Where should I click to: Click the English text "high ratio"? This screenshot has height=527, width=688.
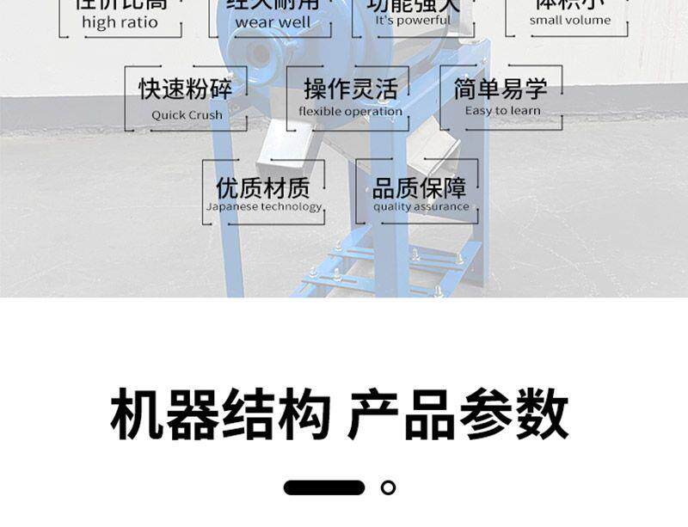point(120,23)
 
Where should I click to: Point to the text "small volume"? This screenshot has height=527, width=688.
point(569,21)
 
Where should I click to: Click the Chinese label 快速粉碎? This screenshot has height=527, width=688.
point(186,89)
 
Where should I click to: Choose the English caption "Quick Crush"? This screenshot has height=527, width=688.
point(187,114)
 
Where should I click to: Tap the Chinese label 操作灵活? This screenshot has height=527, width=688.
point(350,89)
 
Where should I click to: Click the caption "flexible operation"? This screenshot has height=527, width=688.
point(350,112)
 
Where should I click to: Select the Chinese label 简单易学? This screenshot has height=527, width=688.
point(501,88)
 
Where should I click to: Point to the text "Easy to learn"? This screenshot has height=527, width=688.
point(502,110)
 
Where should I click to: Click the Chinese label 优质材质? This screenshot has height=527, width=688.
point(263,187)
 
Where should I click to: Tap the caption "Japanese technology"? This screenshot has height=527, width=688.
point(264,206)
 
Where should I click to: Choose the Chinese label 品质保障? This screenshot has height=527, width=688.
point(420,187)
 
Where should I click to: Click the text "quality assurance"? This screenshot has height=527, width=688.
point(421,206)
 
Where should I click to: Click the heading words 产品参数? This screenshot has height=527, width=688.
point(458,414)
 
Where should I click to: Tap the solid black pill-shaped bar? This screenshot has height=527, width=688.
point(324,487)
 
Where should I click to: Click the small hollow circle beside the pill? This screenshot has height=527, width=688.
point(388,487)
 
